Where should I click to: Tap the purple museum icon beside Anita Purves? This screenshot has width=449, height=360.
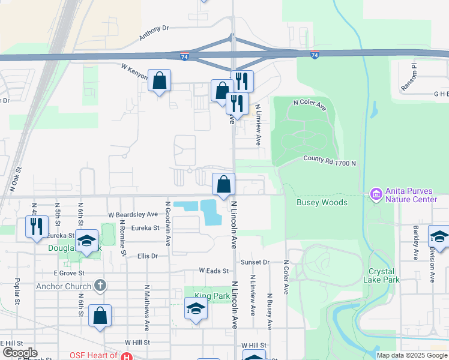(x=376, y=194)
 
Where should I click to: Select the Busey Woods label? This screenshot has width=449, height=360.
(x=322, y=203)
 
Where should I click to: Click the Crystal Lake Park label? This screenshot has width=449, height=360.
(x=382, y=275)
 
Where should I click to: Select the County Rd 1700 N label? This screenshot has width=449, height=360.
(x=330, y=162)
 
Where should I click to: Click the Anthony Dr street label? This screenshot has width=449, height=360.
(x=154, y=32)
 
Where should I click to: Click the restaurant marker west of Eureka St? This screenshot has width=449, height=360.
(x=37, y=226)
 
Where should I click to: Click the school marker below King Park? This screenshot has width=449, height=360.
(x=196, y=310)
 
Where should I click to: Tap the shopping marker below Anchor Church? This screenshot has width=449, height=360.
(x=100, y=316)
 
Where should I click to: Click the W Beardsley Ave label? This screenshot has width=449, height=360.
(x=133, y=214)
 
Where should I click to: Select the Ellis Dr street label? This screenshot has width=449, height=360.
(x=147, y=256)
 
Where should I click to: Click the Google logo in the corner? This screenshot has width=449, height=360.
(x=19, y=353)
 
